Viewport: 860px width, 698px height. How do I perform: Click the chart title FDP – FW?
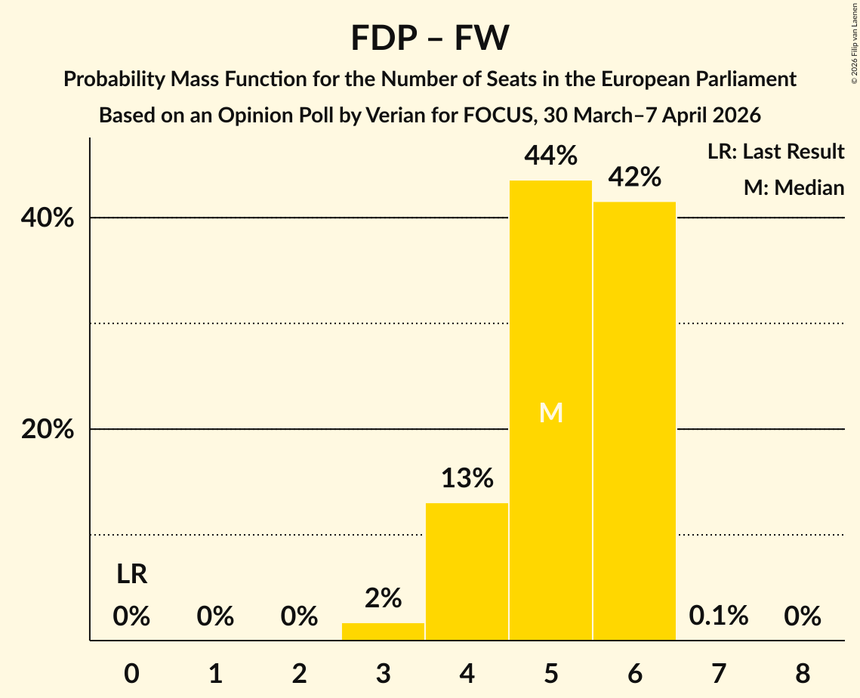(x=430, y=38)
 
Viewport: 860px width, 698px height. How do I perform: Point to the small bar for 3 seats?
(x=383, y=632)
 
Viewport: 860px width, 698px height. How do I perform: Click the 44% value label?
(x=550, y=156)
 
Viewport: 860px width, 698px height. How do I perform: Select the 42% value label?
(x=634, y=178)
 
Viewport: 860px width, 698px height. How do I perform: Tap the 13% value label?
(x=467, y=478)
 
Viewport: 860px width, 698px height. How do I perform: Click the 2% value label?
(x=383, y=598)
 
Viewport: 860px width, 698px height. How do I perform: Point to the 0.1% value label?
(x=718, y=616)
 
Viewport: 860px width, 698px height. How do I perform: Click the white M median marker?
(x=550, y=412)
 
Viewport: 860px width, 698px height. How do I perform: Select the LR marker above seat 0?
(x=131, y=575)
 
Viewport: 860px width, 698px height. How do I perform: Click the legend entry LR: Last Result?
(x=775, y=152)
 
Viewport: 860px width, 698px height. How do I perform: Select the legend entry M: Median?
(x=794, y=188)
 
